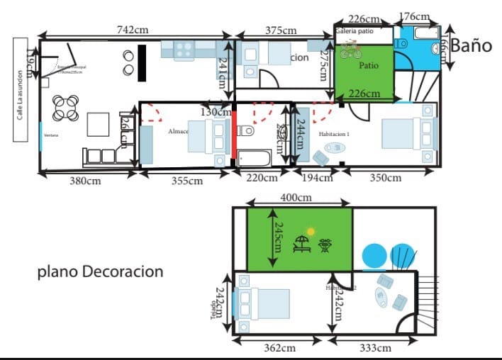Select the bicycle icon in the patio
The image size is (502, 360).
tap(350, 50)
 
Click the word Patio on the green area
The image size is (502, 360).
tap(369, 65)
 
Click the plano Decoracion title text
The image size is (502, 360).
tap(100, 271)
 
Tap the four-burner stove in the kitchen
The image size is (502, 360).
tap(184, 50)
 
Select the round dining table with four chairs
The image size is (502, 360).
tap(65, 108)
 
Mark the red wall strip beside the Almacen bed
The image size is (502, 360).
tap(233, 135)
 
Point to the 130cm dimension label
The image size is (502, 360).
tap(216, 111)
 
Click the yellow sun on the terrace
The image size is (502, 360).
tap(310, 231)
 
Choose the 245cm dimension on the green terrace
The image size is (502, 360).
tap(272, 238)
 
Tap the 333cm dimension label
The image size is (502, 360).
tap(374, 347)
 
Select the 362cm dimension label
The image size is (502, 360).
tap(279, 347)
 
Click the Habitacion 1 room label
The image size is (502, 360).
tap(334, 134)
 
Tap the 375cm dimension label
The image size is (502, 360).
tap(281, 30)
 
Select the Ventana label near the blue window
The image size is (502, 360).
tap(50, 134)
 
